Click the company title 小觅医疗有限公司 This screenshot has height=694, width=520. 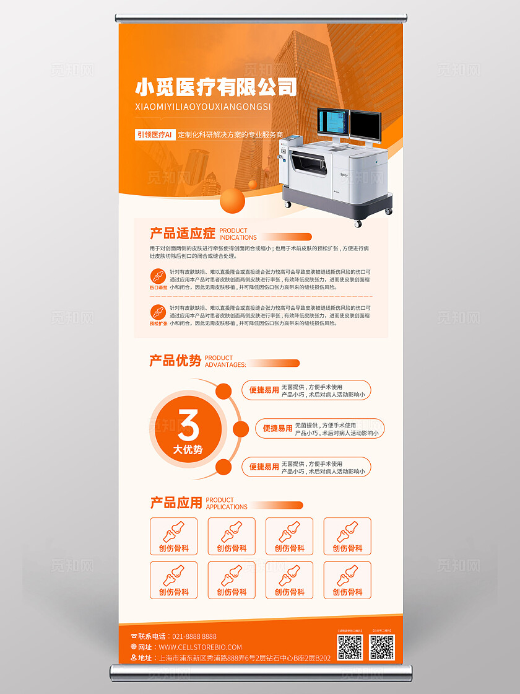coord(215,87)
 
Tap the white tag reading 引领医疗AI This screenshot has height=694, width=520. coord(154,134)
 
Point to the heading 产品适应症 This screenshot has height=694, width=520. coord(183,234)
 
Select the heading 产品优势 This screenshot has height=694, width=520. coord(175,361)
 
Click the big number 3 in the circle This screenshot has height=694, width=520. coord(188,426)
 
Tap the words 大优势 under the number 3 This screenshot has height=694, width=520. coord(188,449)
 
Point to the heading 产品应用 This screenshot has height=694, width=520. coord(176,503)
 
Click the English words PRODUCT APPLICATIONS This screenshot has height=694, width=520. coord(227,503)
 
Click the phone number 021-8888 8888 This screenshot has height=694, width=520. coord(194,636)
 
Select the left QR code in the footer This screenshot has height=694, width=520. coord(350,647)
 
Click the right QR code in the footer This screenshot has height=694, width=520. coord(381,647)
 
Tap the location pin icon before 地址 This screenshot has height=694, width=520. coord(134,658)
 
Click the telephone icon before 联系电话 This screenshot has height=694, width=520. coord(134,636)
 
